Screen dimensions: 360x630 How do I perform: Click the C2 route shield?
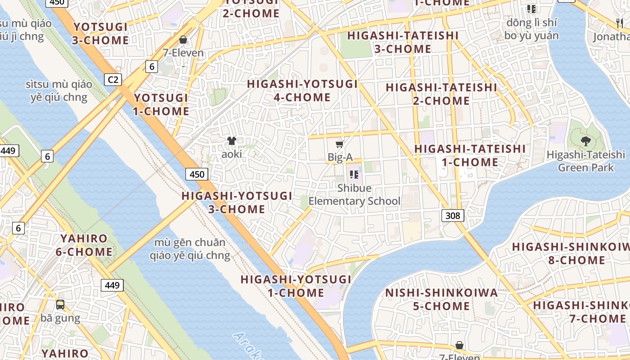click(113, 80)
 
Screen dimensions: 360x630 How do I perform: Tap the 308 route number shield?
click(452, 216)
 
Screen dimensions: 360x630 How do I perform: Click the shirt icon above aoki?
click(232, 141)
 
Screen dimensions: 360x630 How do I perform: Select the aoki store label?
click(232, 154)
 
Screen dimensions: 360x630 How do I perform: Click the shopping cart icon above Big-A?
click(340, 144)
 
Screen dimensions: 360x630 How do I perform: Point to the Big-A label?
click(340, 157)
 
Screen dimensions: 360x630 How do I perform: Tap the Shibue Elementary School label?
click(354, 194)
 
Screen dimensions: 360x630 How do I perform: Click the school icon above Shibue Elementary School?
click(354, 175)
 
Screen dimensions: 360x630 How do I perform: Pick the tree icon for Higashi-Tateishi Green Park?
click(585, 141)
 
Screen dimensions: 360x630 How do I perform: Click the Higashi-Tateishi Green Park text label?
click(585, 161)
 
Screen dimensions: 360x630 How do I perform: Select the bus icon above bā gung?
click(60, 305)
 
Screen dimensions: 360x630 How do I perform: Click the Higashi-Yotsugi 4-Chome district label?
click(302, 90)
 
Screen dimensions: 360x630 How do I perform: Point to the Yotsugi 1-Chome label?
click(161, 104)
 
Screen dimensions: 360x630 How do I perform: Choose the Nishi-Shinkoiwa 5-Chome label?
click(441, 300)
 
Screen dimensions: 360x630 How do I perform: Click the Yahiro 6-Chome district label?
click(84, 245)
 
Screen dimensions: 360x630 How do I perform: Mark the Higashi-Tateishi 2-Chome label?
click(441, 94)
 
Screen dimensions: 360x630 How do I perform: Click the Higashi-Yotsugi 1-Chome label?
click(296, 286)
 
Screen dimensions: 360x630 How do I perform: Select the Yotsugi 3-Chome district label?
click(100, 34)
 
